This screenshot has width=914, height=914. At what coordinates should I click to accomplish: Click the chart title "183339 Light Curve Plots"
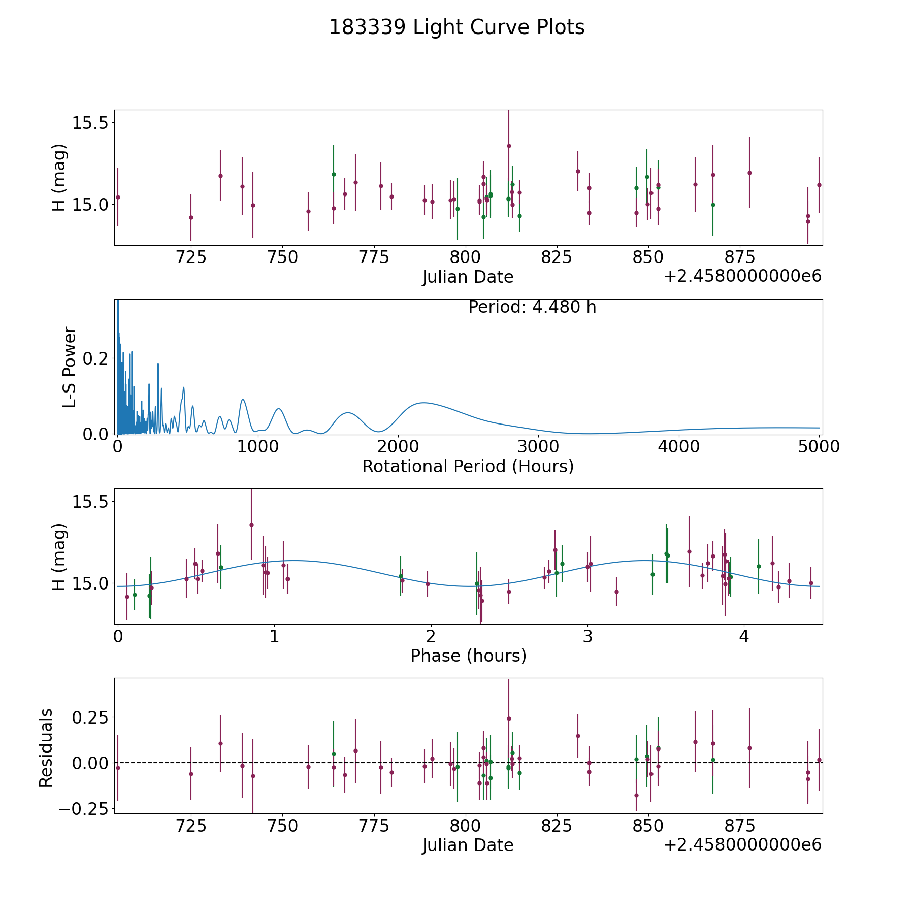pos(456,27)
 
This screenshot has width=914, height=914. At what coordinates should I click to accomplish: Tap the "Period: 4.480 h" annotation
pos(532,307)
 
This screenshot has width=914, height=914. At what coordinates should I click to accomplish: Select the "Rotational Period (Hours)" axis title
pos(468,466)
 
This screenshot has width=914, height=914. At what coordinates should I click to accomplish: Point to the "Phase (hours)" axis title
pos(468,656)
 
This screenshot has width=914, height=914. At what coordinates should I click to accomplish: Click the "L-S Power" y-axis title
pos(70,367)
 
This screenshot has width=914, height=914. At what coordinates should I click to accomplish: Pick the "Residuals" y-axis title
pos(46,747)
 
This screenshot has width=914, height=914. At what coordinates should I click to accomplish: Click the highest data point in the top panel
pos(509,146)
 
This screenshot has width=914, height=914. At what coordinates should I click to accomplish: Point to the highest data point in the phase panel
pos(251,525)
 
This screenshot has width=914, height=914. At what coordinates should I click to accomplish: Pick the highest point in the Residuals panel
pos(509,719)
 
